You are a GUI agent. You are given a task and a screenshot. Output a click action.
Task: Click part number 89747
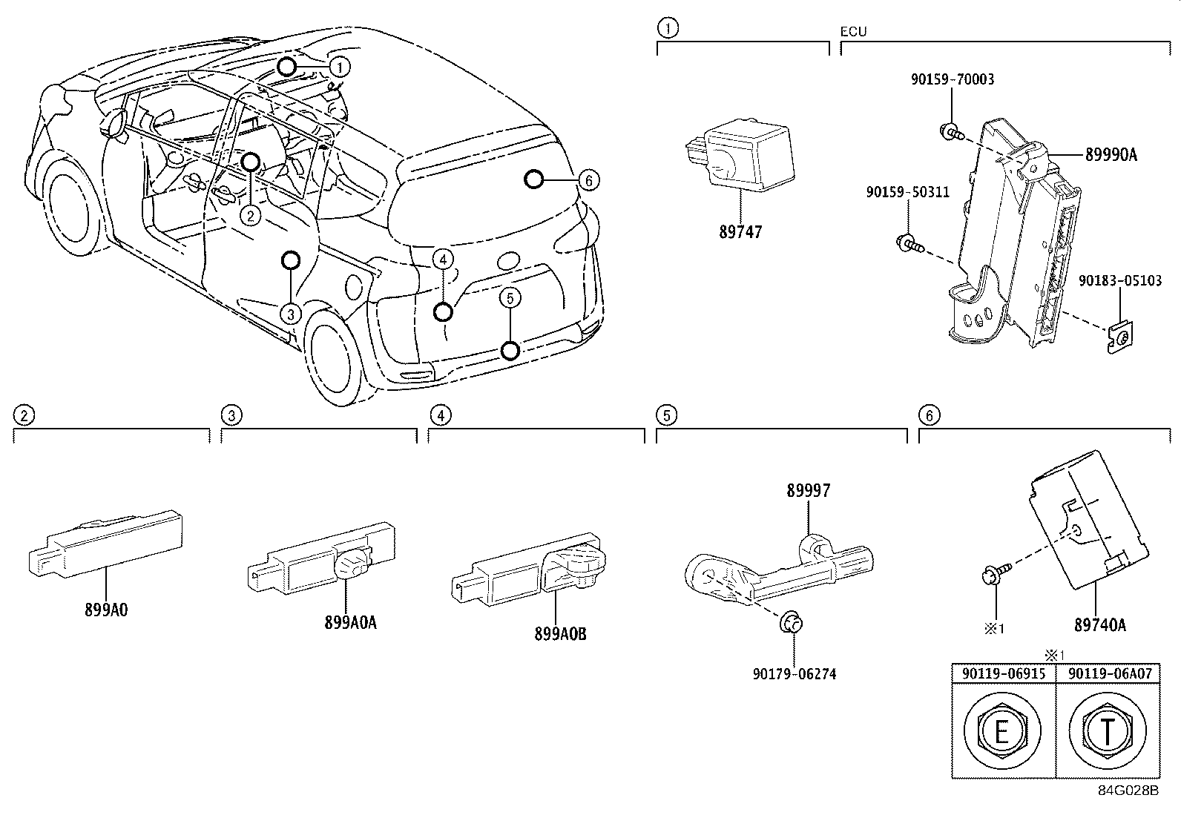pos(740,232)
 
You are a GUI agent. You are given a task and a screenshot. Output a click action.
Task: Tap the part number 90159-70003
pos(953,79)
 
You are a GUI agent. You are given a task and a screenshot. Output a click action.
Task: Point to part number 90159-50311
pos(907,192)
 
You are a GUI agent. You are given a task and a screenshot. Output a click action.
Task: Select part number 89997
pos(809,490)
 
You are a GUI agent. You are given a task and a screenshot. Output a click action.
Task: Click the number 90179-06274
pos(794,674)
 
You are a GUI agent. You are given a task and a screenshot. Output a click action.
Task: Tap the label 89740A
pos(1099,625)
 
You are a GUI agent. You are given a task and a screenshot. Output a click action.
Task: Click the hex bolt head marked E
pos(1001,733)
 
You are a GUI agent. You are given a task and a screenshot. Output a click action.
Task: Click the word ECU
pos(853,32)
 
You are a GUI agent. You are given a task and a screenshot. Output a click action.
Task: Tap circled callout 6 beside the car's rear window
pos(588,179)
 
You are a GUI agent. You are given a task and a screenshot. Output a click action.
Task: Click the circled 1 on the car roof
pos(339,67)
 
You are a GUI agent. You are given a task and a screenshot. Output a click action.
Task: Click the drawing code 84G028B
pos(1128,791)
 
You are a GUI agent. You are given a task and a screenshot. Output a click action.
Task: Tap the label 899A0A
pos(350,623)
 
